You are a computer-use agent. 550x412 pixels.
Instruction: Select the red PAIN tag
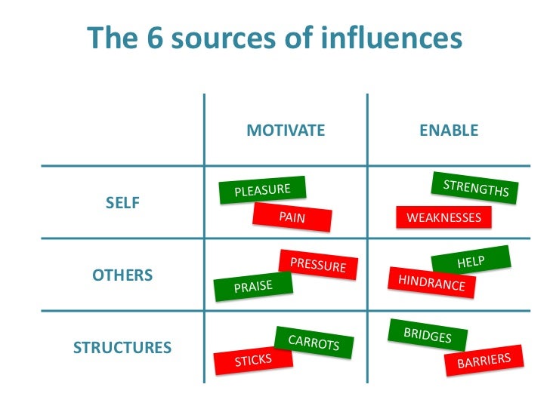[292, 218]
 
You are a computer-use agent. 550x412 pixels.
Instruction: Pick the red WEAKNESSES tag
[443, 217]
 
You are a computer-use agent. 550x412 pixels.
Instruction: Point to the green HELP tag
[470, 263]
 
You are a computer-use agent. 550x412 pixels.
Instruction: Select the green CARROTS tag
[314, 344]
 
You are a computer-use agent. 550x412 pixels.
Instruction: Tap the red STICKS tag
[252, 361]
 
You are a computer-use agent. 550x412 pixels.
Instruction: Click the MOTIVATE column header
[286, 131]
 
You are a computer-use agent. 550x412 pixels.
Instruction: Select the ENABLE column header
[449, 131]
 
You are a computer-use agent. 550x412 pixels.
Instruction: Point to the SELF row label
[122, 203]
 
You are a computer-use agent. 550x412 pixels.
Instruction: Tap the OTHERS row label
[122, 275]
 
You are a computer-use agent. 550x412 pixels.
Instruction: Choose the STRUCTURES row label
[122, 348]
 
